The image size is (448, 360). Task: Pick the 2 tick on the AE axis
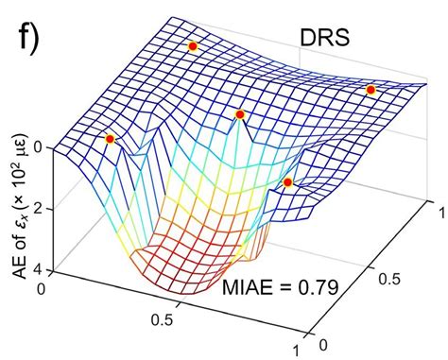coord(38,209)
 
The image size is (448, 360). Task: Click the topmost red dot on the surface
coord(193,45)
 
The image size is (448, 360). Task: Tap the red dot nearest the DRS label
coord(371,90)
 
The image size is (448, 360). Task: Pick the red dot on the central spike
coord(240,114)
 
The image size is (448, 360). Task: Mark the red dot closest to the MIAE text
coord(288,181)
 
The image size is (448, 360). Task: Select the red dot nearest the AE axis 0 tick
coord(110,139)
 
